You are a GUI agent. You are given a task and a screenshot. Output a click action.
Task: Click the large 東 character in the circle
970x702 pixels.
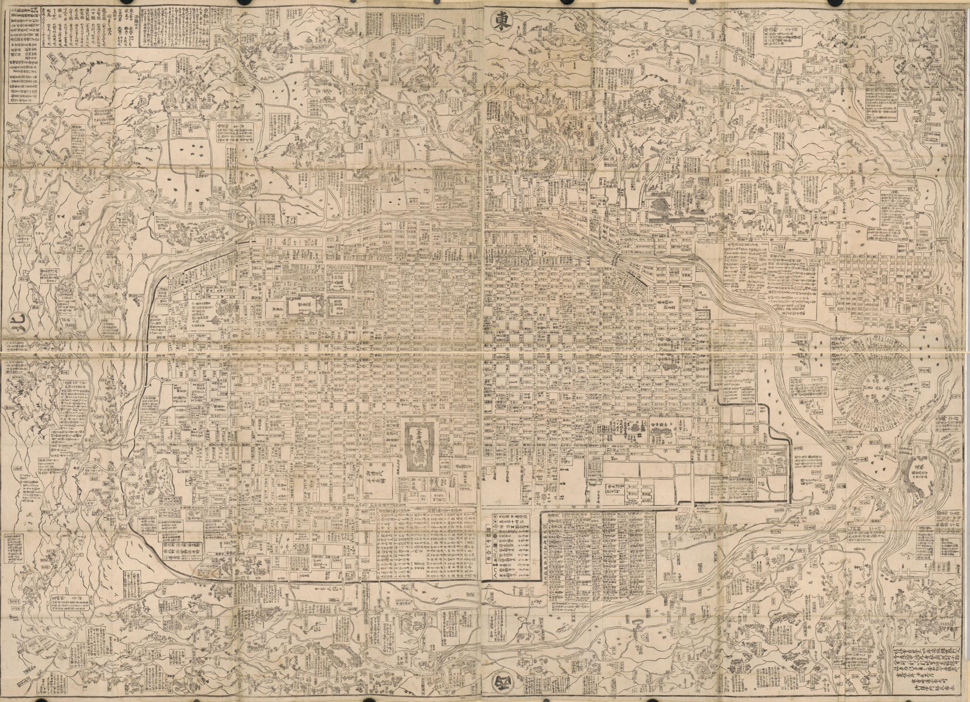click(498, 19)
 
